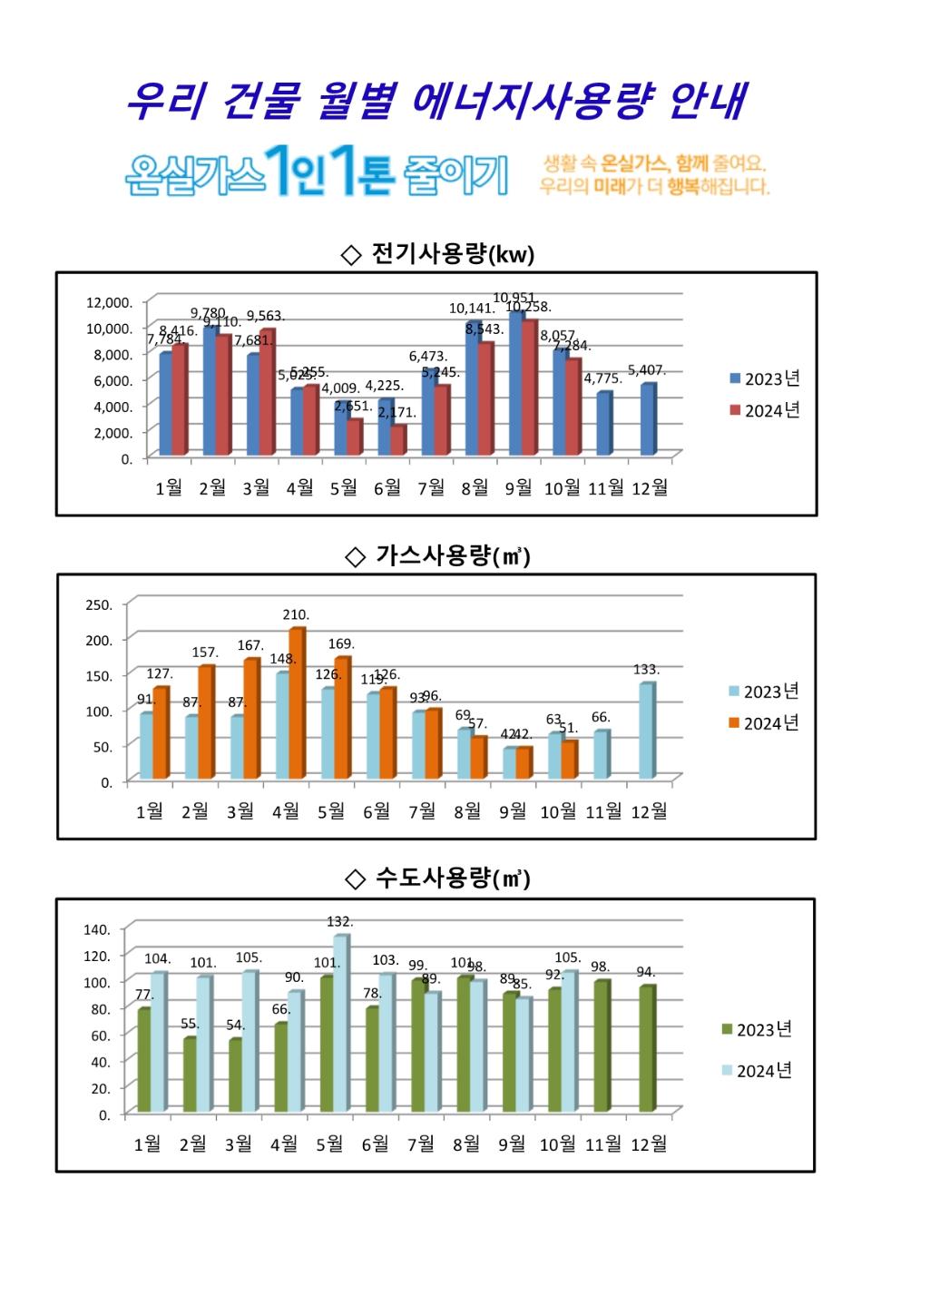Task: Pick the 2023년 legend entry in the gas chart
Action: pos(764,692)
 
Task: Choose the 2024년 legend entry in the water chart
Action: pos(757,1071)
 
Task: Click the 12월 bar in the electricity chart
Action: pos(648,419)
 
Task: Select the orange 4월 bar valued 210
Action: pos(297,703)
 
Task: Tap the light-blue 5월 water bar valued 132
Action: pos(340,1024)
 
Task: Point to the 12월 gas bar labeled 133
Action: pos(646,731)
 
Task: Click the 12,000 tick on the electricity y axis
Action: pos(109,302)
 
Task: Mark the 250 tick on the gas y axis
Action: pos(99,605)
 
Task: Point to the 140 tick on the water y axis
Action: pos(97,929)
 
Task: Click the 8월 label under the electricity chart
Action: pos(475,488)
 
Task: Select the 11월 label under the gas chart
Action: pos(603,811)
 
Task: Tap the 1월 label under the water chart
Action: pos(147,1144)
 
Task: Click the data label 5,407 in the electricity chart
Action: pos(647,370)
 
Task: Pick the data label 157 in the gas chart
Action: pos(205,653)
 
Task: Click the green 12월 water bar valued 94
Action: pos(646,1049)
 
